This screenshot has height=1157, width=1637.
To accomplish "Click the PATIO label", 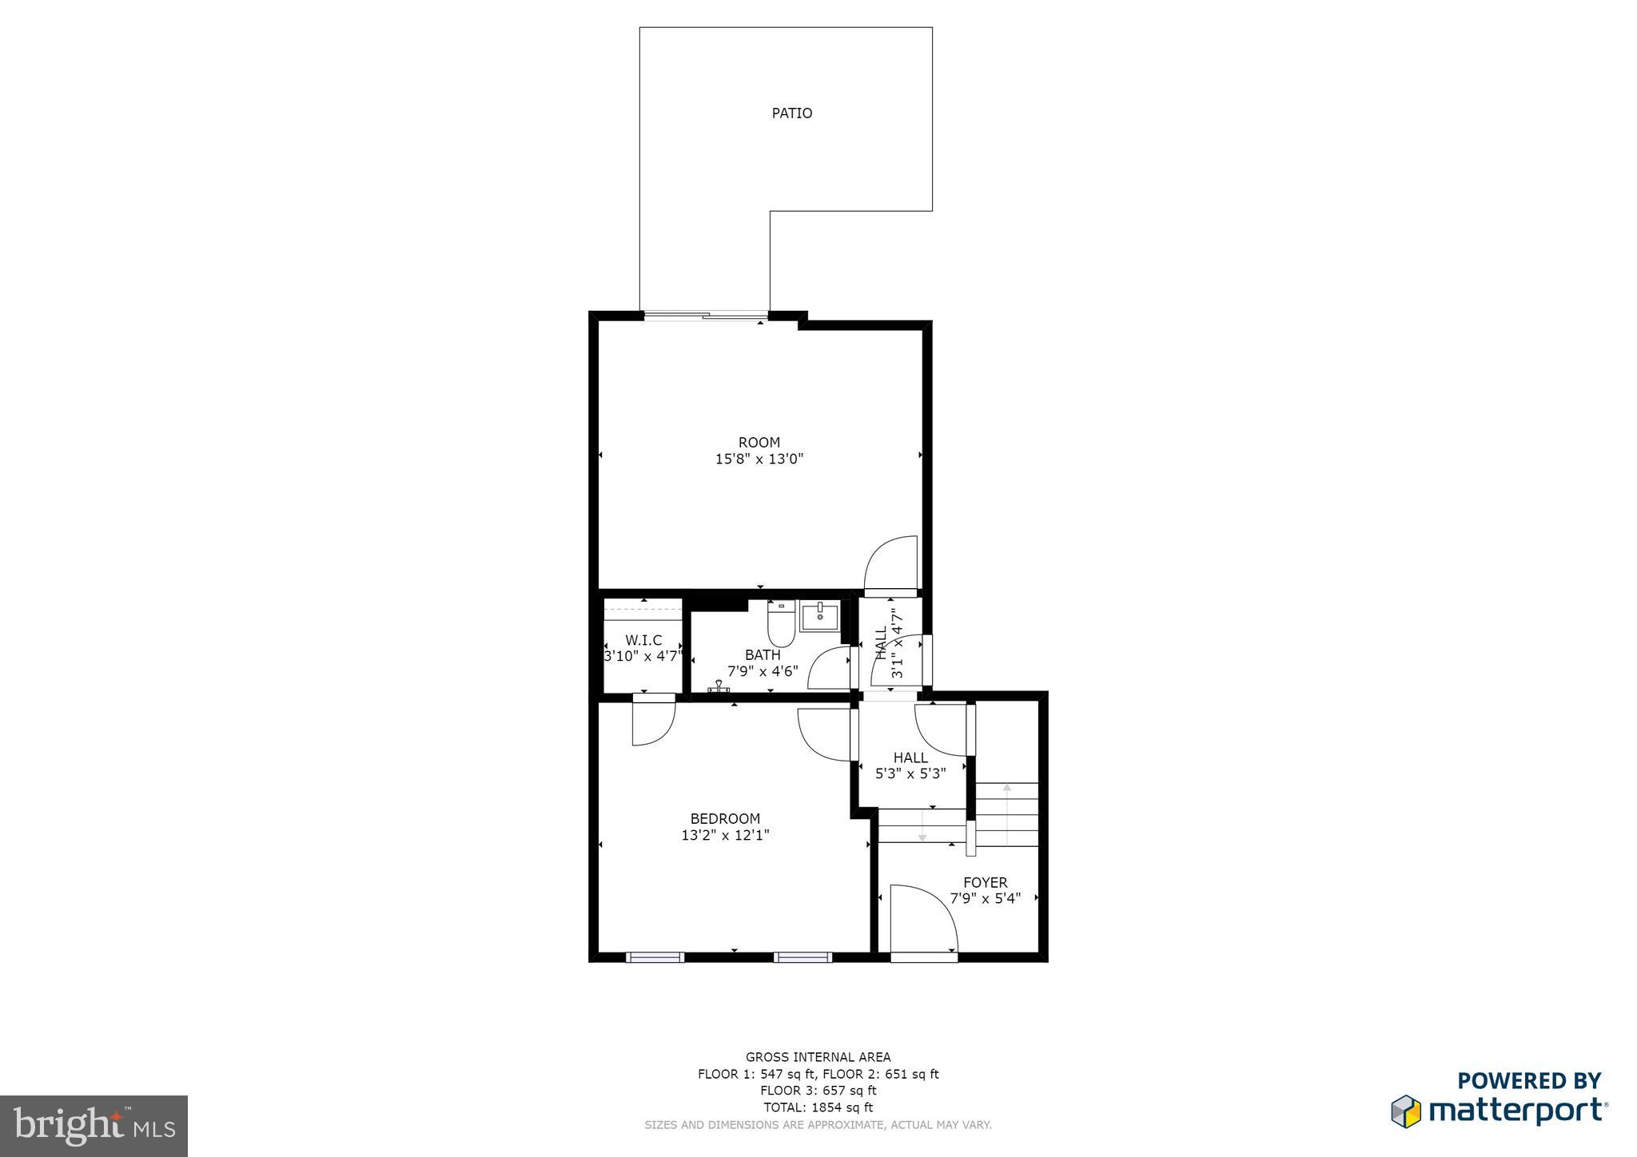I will coord(791,113).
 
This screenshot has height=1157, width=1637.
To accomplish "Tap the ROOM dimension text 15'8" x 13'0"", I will coord(759,459).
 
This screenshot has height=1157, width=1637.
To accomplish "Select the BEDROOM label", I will coord(725,818).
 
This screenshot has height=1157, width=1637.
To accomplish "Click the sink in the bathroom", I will coord(819,617).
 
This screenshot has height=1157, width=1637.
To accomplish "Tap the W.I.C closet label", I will coord(643,640).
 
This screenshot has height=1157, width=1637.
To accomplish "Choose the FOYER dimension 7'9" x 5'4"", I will coord(985,898).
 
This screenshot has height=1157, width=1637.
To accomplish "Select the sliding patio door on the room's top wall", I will coord(705,316).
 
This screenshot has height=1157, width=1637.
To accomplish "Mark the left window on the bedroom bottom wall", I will coord(655,956).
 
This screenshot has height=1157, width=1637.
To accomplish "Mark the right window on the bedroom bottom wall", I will coord(803,956).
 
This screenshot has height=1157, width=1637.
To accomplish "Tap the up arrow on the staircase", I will coord(1007,789).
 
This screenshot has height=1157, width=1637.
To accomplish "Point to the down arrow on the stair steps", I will coord(922,835).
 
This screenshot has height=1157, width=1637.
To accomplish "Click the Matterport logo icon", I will coord(1405,1111).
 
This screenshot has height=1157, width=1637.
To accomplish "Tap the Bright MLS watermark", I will coord(94,1126).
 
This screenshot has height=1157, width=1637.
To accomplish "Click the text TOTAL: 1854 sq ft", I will coord(818,1107).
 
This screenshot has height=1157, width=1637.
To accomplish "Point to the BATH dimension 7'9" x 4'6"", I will coord(763,672).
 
